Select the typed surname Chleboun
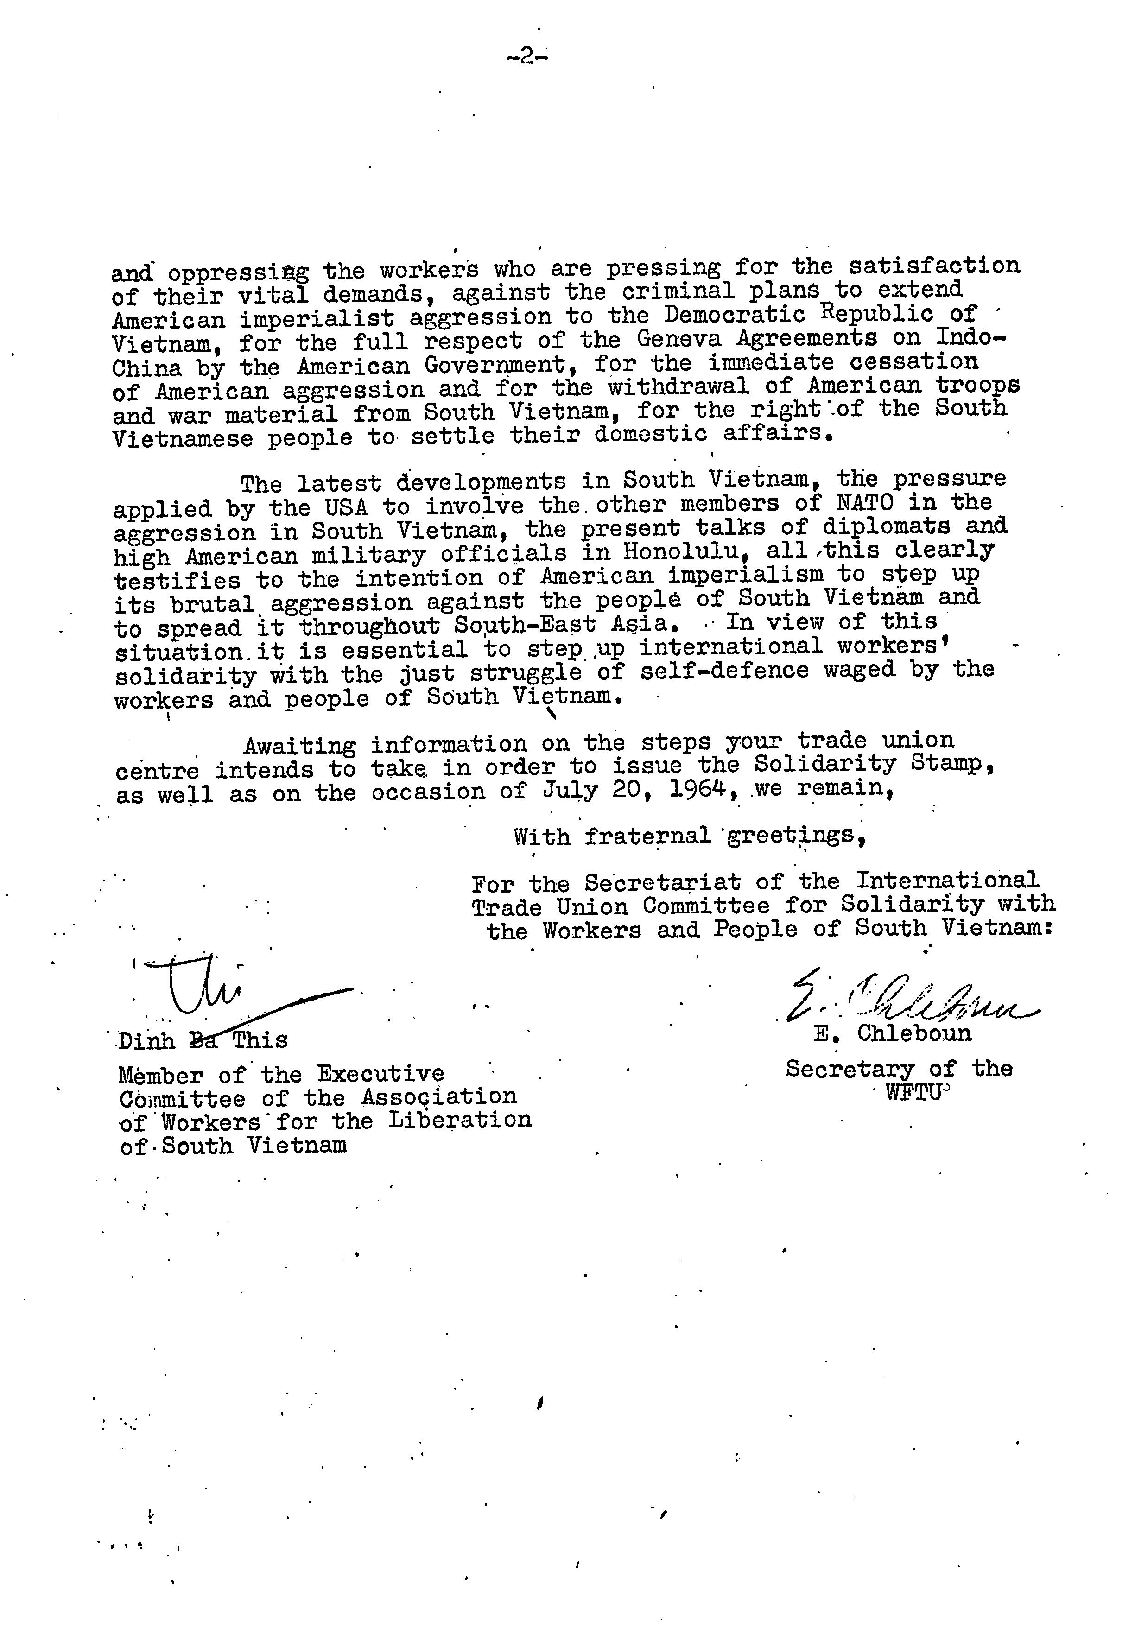914,1033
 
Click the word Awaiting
299,745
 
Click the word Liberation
460,1120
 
